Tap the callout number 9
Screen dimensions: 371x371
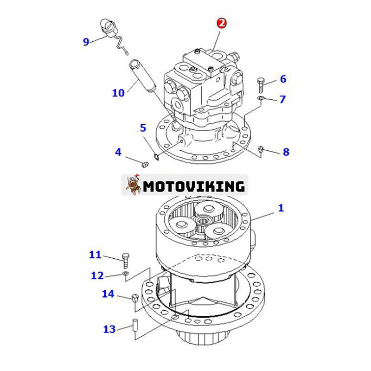86,42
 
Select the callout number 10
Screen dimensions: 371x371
118,93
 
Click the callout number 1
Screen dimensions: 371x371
281,208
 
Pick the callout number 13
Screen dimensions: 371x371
109,329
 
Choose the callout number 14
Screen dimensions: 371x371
108,293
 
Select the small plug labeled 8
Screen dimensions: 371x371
261,149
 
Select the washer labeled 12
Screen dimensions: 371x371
126,275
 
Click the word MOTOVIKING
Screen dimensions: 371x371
194,186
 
